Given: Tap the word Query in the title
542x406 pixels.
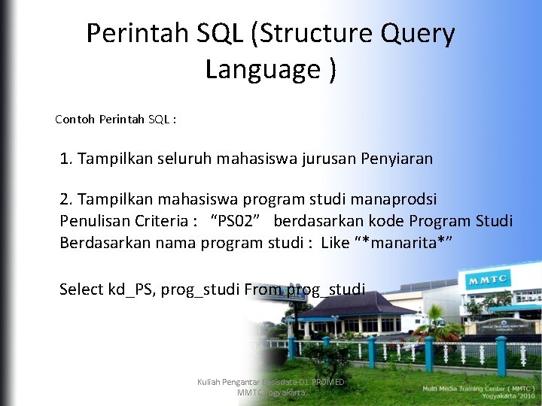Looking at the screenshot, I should coord(419,34).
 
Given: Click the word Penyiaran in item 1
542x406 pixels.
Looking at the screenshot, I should coord(397,159).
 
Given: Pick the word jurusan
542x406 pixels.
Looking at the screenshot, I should coord(328,159).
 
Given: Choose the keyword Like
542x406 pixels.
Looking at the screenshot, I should coord(335,243).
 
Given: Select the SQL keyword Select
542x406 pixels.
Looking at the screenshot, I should coord(81,289).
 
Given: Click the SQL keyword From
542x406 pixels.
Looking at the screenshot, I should coord(263,289).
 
